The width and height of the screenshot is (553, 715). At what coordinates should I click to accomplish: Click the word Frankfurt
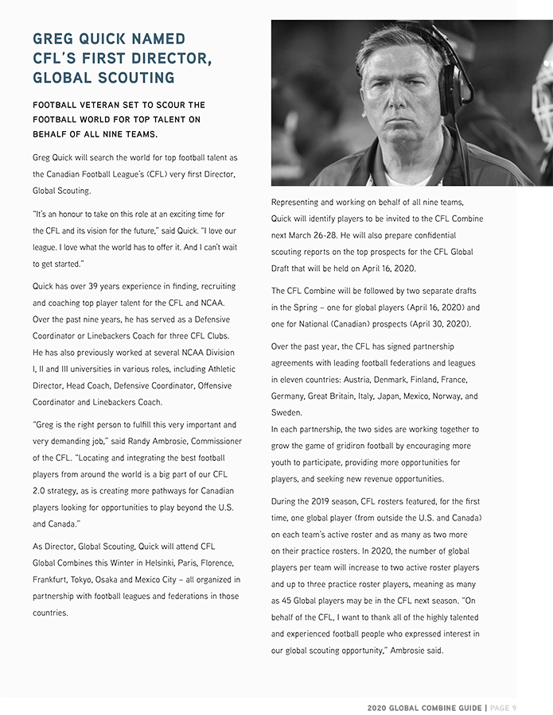click(x=49, y=580)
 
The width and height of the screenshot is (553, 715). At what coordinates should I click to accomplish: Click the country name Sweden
click(x=286, y=413)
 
